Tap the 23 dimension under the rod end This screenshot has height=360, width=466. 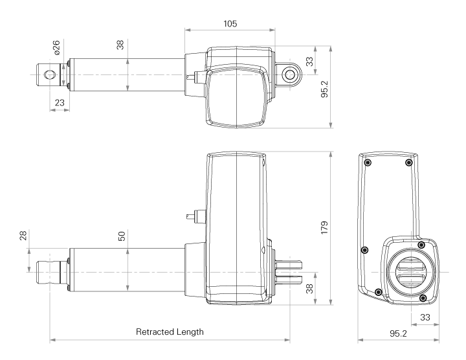(60, 102)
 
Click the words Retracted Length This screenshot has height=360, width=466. (170, 332)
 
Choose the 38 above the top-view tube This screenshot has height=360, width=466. (120, 46)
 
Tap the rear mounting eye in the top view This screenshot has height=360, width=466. (289, 74)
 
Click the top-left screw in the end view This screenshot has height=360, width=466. (368, 163)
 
